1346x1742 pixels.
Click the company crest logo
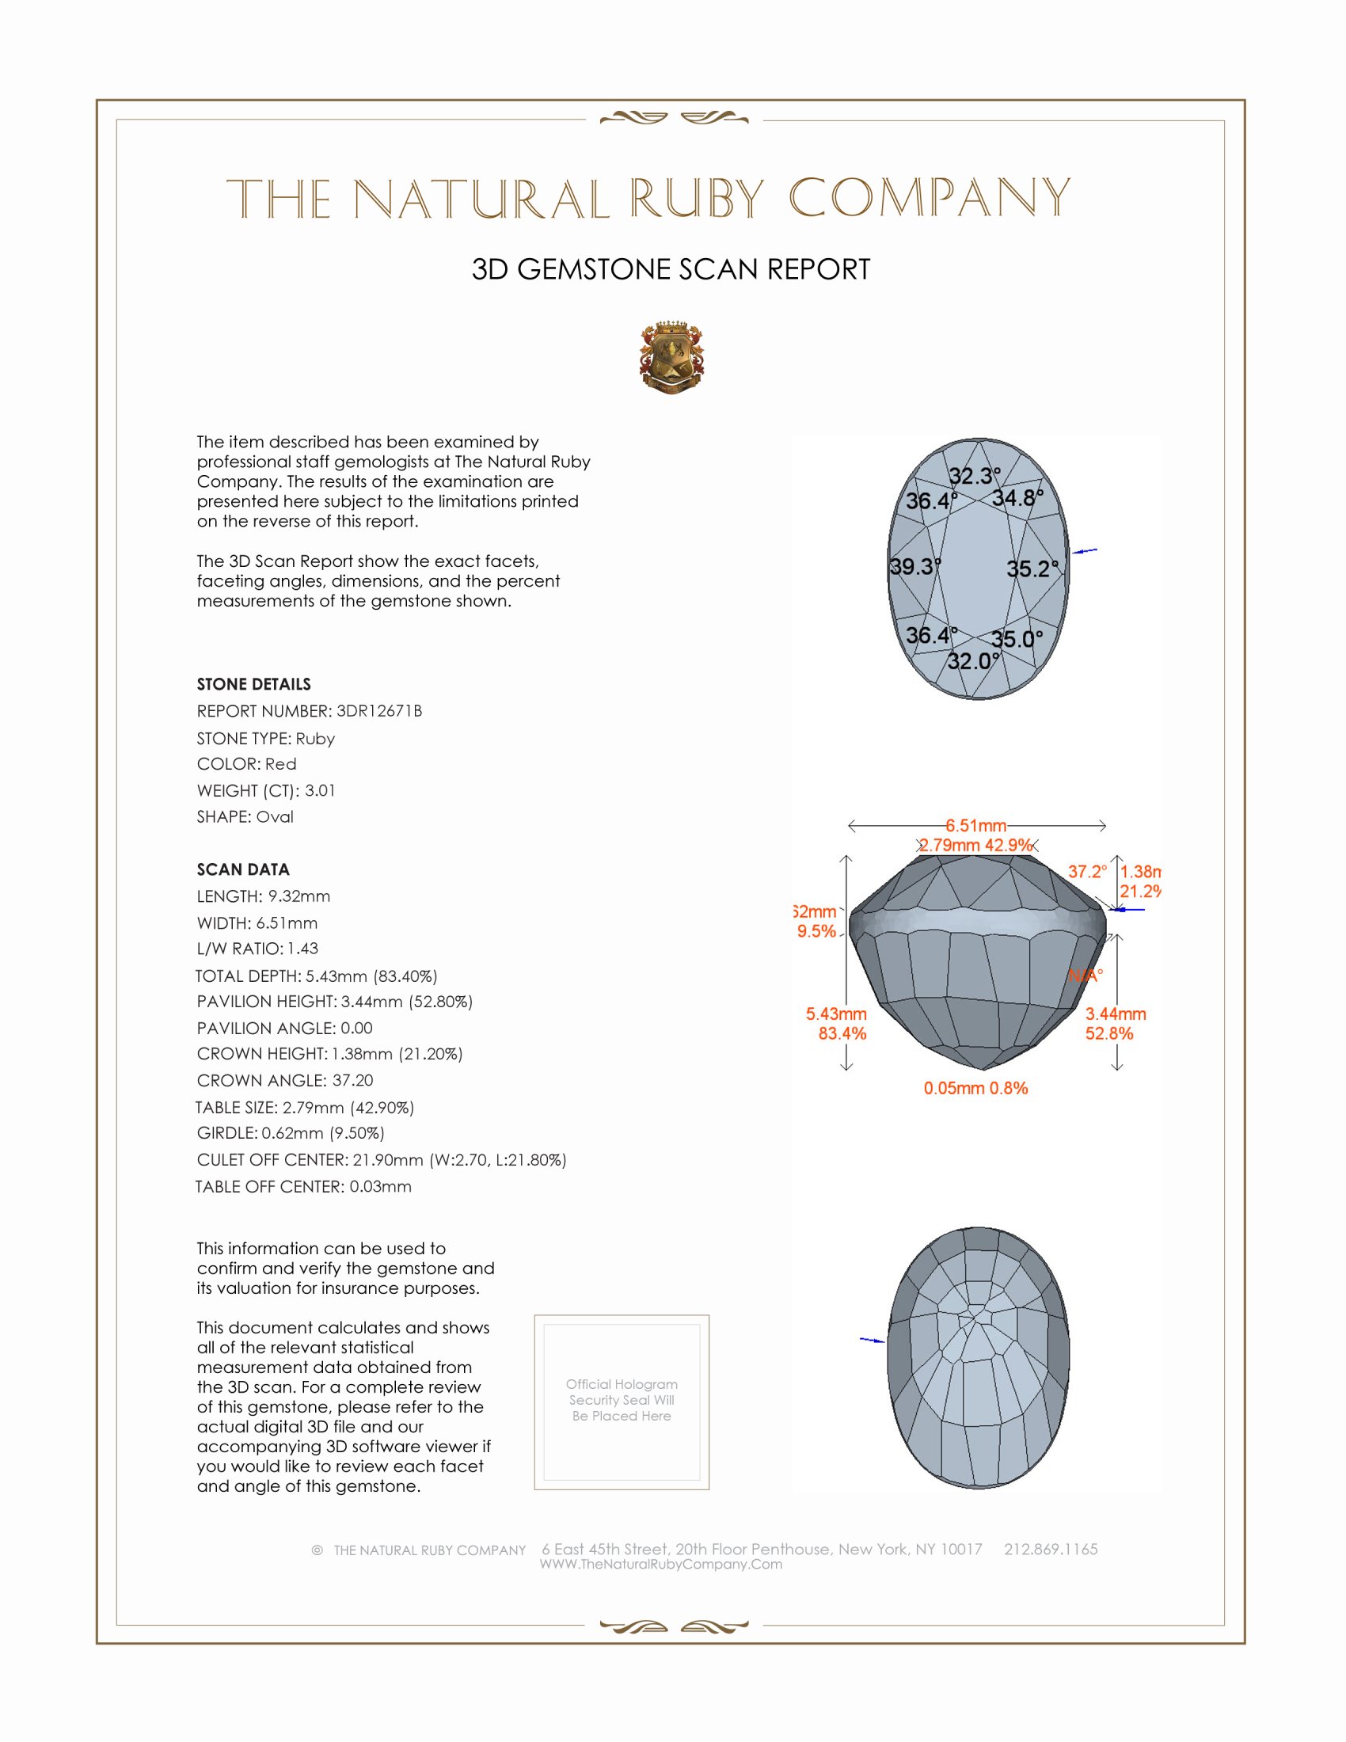[x=671, y=358]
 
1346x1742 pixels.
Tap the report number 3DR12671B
[x=378, y=711]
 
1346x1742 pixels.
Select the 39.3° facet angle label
[x=914, y=567]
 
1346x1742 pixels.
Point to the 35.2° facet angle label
[x=1032, y=569]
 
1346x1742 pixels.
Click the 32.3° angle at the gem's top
[x=974, y=476]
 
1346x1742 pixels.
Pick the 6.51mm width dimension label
[x=976, y=826]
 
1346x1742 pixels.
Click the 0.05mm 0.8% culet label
[x=975, y=1088]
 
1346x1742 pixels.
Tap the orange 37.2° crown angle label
[x=1087, y=872]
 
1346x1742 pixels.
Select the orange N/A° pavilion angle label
[x=1086, y=975]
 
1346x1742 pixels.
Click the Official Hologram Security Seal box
[x=622, y=1402]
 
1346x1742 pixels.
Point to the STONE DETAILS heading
[x=253, y=684]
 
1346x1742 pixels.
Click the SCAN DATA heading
[x=243, y=869]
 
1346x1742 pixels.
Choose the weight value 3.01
[x=320, y=790]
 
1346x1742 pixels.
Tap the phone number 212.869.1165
[x=1050, y=1549]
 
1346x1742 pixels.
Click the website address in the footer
[x=660, y=1564]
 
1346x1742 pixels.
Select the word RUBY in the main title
[x=697, y=199]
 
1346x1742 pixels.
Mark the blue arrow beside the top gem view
[x=1085, y=550]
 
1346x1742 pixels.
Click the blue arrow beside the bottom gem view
[x=872, y=1340]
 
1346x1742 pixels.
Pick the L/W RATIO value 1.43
[x=303, y=949]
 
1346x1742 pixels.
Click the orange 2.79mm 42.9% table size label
[x=975, y=846]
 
